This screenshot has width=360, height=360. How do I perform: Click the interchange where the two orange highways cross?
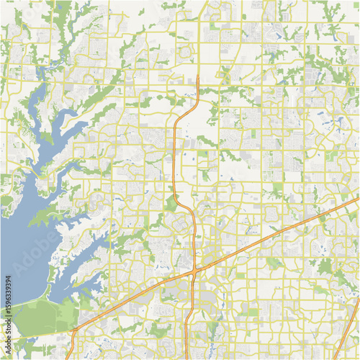point(194,271)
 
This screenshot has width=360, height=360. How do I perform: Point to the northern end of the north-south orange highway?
point(197,76)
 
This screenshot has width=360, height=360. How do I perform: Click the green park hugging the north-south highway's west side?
point(171,204)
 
